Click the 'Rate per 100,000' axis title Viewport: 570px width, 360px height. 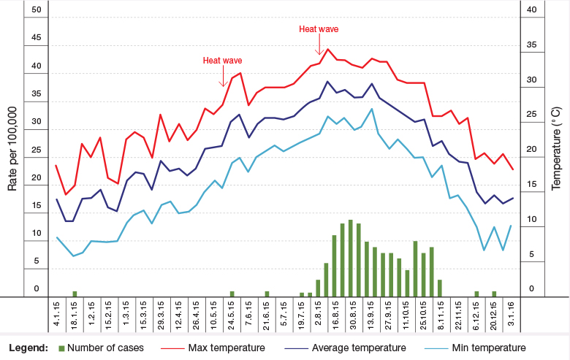[12, 148]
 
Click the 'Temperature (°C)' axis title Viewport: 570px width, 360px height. [557, 148]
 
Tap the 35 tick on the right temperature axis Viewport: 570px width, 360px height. [531, 45]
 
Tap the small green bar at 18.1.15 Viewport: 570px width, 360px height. [75, 294]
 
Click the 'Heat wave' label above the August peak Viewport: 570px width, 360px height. [319, 29]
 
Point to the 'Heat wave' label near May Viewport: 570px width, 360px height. [222, 61]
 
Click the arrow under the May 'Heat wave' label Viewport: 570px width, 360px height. [222, 77]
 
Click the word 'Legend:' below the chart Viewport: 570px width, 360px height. [28, 348]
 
